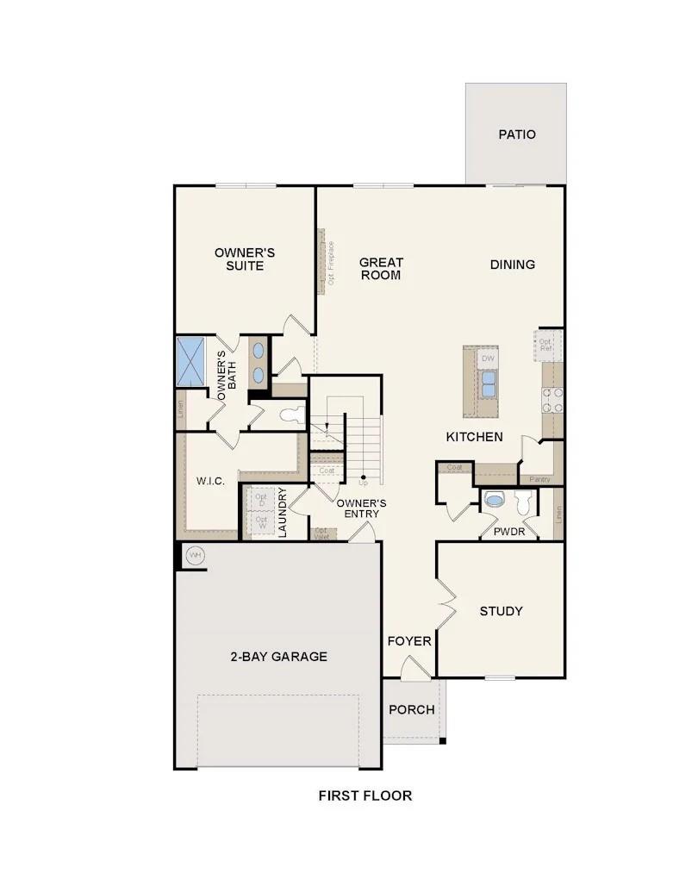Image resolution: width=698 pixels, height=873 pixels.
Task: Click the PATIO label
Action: tap(516, 134)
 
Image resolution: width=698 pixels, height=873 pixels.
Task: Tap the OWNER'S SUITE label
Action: tap(245, 259)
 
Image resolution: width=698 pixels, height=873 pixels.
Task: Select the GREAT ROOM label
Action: tap(381, 268)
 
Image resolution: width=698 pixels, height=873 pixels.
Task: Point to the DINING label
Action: tap(513, 265)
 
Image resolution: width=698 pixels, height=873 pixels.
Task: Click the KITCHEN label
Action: tap(474, 437)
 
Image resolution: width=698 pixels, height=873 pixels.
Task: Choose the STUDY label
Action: tap(501, 611)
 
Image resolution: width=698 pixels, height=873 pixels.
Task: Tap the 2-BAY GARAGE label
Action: tap(278, 657)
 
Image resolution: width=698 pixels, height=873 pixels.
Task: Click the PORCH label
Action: tap(411, 709)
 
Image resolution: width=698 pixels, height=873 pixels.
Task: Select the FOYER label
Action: tap(409, 641)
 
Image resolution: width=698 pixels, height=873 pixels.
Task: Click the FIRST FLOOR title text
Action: tap(365, 795)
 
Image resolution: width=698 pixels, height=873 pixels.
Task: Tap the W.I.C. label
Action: tap(210, 481)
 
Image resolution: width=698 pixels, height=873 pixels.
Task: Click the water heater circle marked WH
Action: tap(195, 555)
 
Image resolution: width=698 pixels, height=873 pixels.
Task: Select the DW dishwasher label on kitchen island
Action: tap(488, 358)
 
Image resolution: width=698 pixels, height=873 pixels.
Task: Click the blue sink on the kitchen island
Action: tap(489, 383)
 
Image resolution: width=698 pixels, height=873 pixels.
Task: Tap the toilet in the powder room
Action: tap(522, 502)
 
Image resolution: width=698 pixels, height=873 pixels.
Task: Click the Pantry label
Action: tap(539, 479)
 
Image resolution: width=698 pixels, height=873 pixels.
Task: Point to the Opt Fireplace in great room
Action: tap(330, 262)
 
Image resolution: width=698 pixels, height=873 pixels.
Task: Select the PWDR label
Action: tap(509, 532)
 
